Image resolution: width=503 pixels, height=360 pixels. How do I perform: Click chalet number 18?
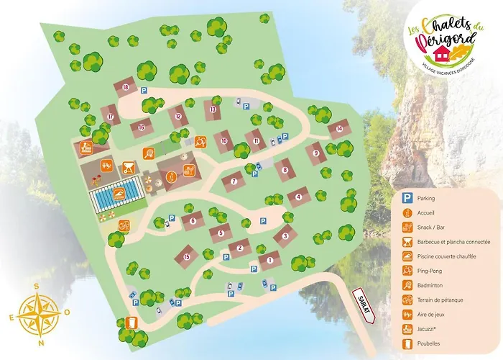[126, 88]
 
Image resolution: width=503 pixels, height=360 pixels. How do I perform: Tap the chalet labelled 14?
[338, 130]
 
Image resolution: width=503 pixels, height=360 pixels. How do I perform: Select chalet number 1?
[269, 260]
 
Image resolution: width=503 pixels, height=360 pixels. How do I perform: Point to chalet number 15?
[186, 256]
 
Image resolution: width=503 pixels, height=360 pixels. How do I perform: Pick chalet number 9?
[315, 153]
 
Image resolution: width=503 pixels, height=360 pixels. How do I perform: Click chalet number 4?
[298, 197]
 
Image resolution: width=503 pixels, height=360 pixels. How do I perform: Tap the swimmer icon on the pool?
[116, 194]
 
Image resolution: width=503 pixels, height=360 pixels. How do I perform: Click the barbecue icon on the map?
[129, 168]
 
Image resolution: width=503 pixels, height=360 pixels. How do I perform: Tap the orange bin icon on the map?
[131, 323]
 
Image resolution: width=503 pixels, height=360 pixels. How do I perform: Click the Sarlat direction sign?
[363, 303]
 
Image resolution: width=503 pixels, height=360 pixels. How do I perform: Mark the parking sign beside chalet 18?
[143, 91]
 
